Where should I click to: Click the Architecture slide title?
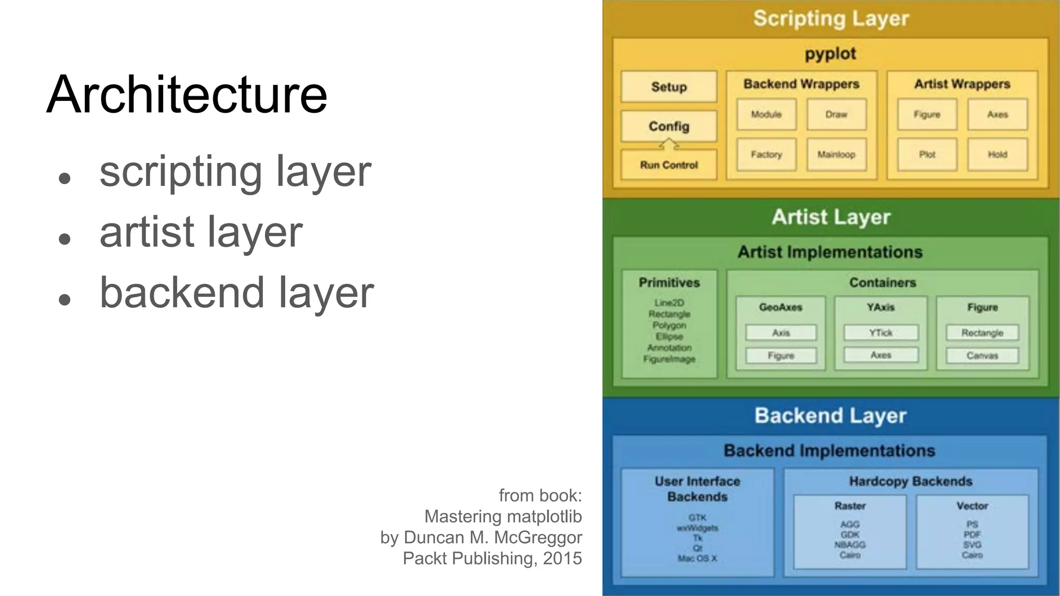pyautogui.click(x=187, y=94)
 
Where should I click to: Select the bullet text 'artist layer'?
pyautogui.click(x=201, y=232)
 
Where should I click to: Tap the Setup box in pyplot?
pyautogui.click(x=669, y=87)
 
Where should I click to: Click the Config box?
pyautogui.click(x=669, y=126)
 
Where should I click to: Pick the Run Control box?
pyautogui.click(x=669, y=165)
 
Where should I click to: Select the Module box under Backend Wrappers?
pyautogui.click(x=766, y=114)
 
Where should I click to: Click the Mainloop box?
pyautogui.click(x=836, y=154)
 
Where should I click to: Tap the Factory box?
pyautogui.click(x=766, y=154)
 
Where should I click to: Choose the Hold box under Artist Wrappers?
pyautogui.click(x=997, y=154)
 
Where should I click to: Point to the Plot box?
pyautogui.click(x=927, y=154)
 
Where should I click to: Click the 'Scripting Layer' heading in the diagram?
pyautogui.click(x=831, y=19)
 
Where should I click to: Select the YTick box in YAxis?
pyautogui.click(x=881, y=333)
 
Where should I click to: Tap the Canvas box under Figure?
pyautogui.click(x=982, y=355)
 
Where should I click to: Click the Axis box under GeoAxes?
pyautogui.click(x=781, y=333)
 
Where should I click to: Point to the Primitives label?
pyautogui.click(x=669, y=282)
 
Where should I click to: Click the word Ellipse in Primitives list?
pyautogui.click(x=669, y=336)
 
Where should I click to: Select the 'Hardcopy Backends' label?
pyautogui.click(x=910, y=482)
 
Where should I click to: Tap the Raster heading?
pyautogui.click(x=850, y=506)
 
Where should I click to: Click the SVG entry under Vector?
pyautogui.click(x=972, y=545)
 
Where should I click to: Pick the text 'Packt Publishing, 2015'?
pyautogui.click(x=492, y=558)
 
